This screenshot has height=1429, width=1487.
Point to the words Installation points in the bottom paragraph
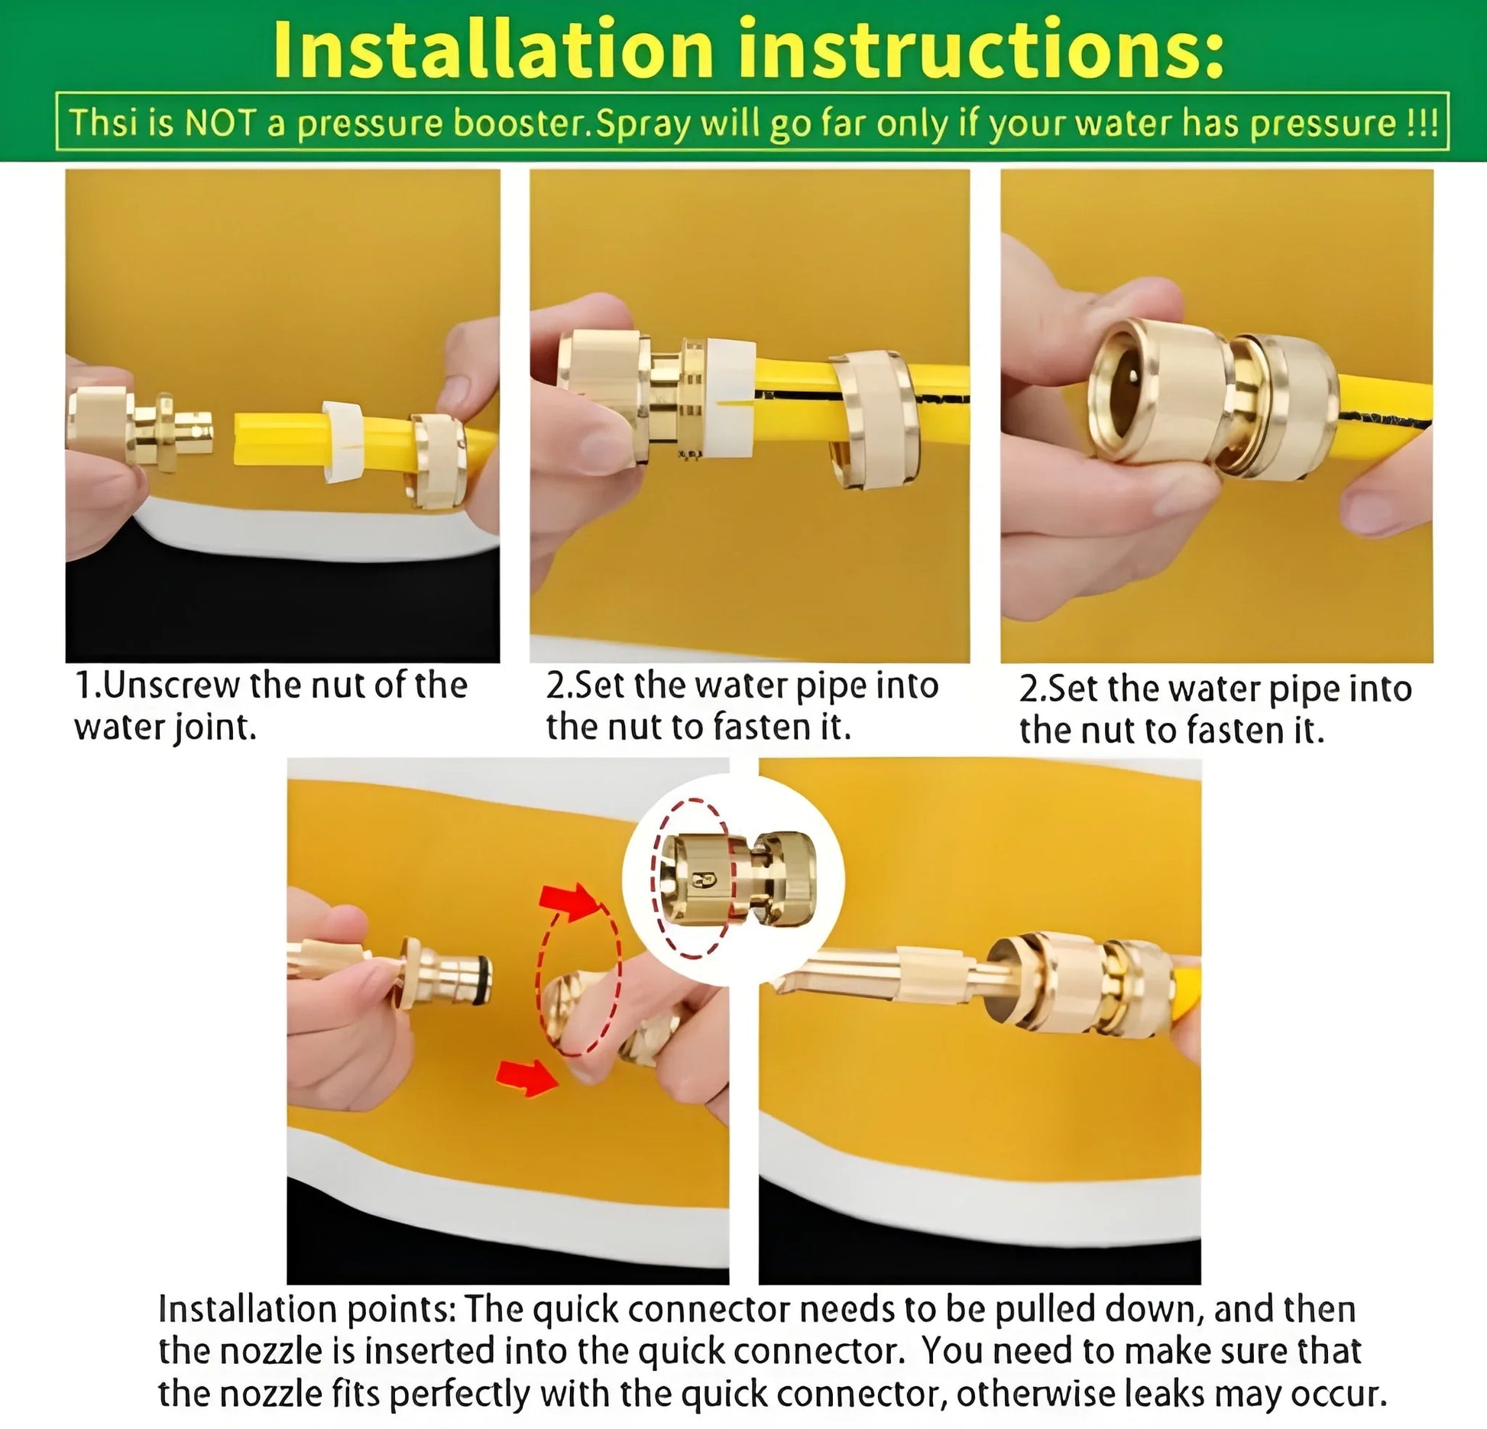pos(306,1309)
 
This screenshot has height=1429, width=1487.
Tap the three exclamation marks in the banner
pos(1423,123)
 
